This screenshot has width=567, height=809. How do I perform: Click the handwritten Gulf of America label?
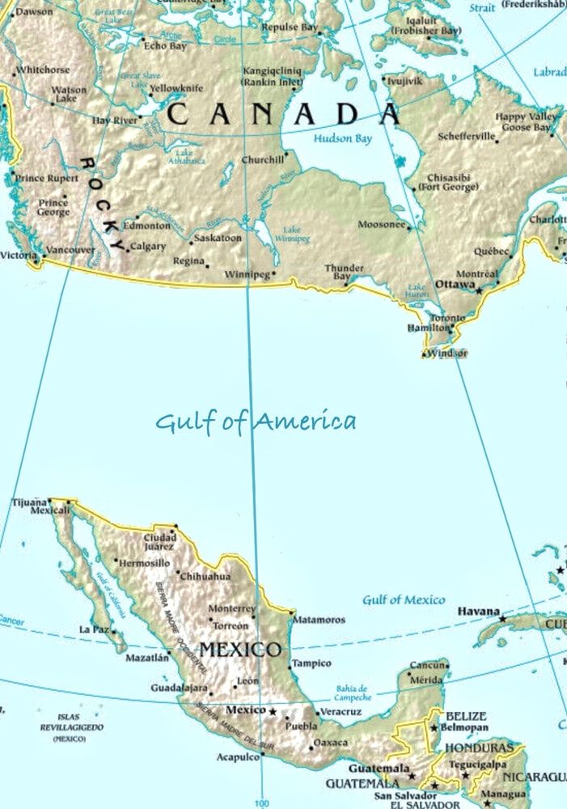pyautogui.click(x=256, y=421)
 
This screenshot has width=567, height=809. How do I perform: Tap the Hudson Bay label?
pyautogui.click(x=343, y=138)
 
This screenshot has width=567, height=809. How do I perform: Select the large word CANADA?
pyautogui.click(x=283, y=114)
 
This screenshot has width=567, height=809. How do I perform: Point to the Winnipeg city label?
pyautogui.click(x=246, y=275)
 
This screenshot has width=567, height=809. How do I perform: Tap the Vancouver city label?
pyautogui.click(x=70, y=251)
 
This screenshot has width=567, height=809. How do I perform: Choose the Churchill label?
pyautogui.click(x=263, y=159)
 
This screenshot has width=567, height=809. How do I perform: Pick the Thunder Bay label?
pyautogui.click(x=344, y=272)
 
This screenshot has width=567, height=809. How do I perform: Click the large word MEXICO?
pyautogui.click(x=240, y=650)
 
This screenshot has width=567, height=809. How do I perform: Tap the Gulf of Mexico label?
pyautogui.click(x=403, y=599)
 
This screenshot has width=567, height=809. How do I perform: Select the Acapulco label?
pyautogui.click(x=237, y=757)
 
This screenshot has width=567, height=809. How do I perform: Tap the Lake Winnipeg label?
pyautogui.click(x=291, y=234)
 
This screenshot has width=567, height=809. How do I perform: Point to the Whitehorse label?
pyautogui.click(x=43, y=70)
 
